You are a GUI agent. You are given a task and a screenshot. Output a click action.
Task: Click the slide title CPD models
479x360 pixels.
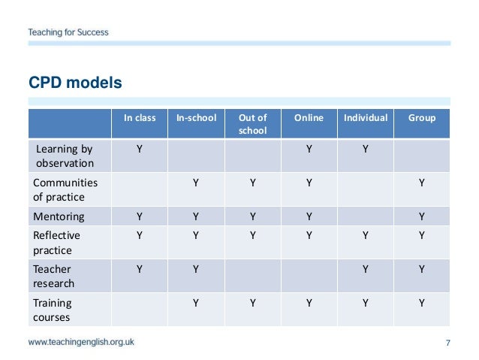click(x=75, y=81)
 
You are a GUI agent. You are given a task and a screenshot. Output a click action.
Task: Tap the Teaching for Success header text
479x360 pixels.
click(x=68, y=32)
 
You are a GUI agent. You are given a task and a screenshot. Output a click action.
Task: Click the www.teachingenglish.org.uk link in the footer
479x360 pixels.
click(x=82, y=343)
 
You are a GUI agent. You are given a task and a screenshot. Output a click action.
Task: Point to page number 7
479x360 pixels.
click(x=447, y=343)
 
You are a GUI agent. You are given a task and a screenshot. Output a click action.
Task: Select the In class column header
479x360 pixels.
click(x=140, y=118)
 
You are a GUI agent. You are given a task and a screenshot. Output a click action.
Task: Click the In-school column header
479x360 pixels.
click(x=196, y=118)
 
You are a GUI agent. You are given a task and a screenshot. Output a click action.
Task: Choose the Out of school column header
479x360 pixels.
click(x=252, y=124)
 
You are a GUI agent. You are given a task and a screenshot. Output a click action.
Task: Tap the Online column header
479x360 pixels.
click(x=309, y=118)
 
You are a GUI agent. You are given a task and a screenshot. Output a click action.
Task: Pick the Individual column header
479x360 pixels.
click(x=366, y=118)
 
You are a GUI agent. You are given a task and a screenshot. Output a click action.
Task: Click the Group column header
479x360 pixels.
click(x=422, y=118)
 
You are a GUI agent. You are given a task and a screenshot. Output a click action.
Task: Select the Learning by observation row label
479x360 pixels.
click(x=65, y=156)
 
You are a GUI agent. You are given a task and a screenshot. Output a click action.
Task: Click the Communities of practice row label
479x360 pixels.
click(x=60, y=189)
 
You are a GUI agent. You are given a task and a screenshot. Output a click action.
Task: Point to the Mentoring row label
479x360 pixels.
click(x=59, y=216)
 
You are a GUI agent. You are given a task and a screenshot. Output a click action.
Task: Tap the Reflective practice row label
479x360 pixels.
click(x=56, y=242)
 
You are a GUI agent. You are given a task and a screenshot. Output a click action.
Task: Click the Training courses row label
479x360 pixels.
click(x=53, y=310)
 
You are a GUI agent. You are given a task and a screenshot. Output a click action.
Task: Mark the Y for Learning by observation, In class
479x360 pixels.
click(x=140, y=149)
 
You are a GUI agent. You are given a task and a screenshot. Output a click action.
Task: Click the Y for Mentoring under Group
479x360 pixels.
click(x=422, y=216)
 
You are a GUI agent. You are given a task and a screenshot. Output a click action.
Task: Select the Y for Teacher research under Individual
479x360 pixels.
click(x=366, y=269)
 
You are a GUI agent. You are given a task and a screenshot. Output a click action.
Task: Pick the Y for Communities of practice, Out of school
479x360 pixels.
click(x=252, y=183)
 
